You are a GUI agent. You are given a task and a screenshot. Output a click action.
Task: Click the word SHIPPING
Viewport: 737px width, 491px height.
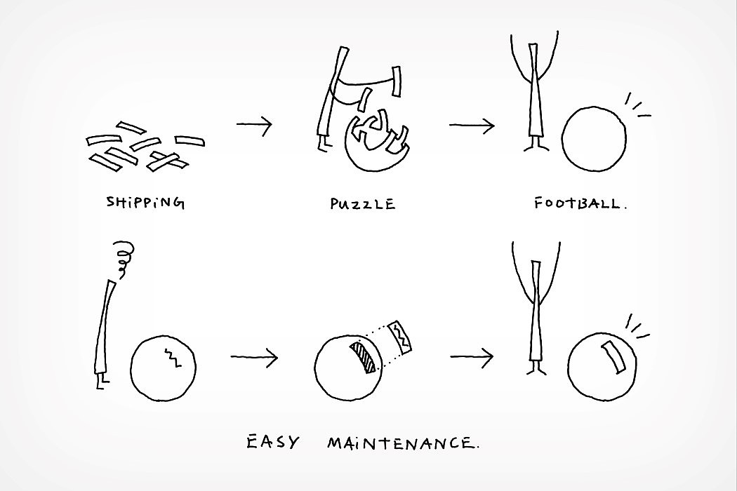pyautogui.click(x=145, y=203)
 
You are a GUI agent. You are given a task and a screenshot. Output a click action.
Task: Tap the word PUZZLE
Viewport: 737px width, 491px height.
pyautogui.click(x=362, y=204)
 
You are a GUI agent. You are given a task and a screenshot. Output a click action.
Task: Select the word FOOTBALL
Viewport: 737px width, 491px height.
pyautogui.click(x=580, y=203)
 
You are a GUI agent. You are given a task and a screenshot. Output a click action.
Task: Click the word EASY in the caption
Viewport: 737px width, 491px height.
pyautogui.click(x=272, y=442)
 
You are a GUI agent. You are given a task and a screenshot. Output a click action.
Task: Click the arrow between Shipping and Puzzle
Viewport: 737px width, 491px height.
pyautogui.click(x=254, y=125)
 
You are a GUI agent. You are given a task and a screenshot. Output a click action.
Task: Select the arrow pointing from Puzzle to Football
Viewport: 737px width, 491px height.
pyautogui.click(x=472, y=126)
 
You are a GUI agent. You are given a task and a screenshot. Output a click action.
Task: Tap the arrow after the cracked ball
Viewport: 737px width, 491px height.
pyautogui.click(x=254, y=357)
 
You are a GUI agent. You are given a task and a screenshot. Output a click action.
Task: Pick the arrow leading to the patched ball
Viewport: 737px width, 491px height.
pyautogui.click(x=472, y=357)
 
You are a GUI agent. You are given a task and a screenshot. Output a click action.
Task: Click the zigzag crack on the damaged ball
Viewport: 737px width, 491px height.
pyautogui.click(x=171, y=358)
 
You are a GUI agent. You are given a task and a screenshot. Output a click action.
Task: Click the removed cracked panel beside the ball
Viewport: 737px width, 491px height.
pyautogui.click(x=401, y=337)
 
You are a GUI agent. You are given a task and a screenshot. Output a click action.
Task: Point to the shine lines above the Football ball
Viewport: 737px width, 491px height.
pyautogui.click(x=637, y=105)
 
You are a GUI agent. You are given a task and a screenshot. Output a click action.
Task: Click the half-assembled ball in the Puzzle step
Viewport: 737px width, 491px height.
pyautogui.click(x=376, y=140)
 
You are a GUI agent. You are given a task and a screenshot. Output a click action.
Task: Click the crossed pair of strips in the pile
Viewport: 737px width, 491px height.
pyautogui.click(x=167, y=161)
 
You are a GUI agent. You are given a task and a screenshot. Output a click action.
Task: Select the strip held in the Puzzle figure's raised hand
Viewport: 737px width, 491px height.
pyautogui.click(x=397, y=81)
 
